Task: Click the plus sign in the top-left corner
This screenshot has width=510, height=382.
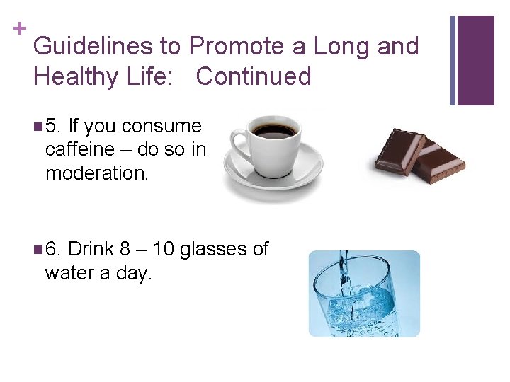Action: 18,28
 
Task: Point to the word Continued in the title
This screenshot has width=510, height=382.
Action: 254,76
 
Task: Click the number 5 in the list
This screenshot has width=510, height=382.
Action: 53,127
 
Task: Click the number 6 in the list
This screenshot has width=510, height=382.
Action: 53,249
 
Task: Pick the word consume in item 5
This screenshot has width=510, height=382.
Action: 161,127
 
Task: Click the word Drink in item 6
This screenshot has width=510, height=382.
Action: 91,249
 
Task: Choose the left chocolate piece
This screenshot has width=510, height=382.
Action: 400,149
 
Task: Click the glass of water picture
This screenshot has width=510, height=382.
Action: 364,294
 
